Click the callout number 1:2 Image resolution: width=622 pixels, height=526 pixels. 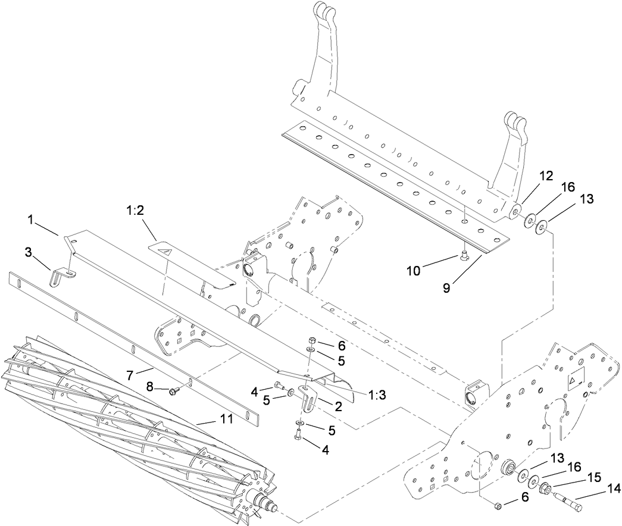[135, 212]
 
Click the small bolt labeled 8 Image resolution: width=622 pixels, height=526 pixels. [173, 391]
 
